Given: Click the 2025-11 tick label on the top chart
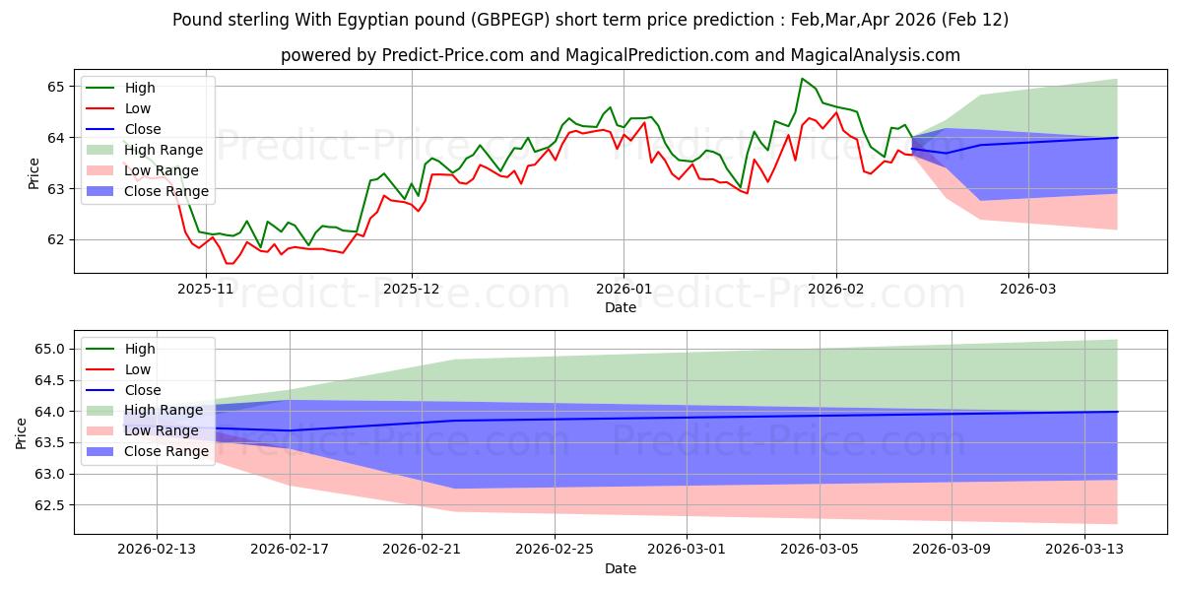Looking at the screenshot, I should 206,290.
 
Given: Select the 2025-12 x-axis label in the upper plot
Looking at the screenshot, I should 412,290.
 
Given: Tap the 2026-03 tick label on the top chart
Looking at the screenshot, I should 1028,290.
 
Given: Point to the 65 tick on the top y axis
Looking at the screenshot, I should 56,87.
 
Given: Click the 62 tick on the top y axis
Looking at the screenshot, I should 56,239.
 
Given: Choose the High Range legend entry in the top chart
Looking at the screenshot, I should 164,150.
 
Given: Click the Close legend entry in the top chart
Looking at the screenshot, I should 143,129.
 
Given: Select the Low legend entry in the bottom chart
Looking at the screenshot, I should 138,369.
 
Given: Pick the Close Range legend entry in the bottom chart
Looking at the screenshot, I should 166,451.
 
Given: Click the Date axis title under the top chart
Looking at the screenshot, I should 621,308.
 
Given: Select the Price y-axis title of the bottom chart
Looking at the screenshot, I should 22,433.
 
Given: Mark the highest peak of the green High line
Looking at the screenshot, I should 803,79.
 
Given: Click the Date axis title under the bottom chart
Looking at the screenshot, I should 621,568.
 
